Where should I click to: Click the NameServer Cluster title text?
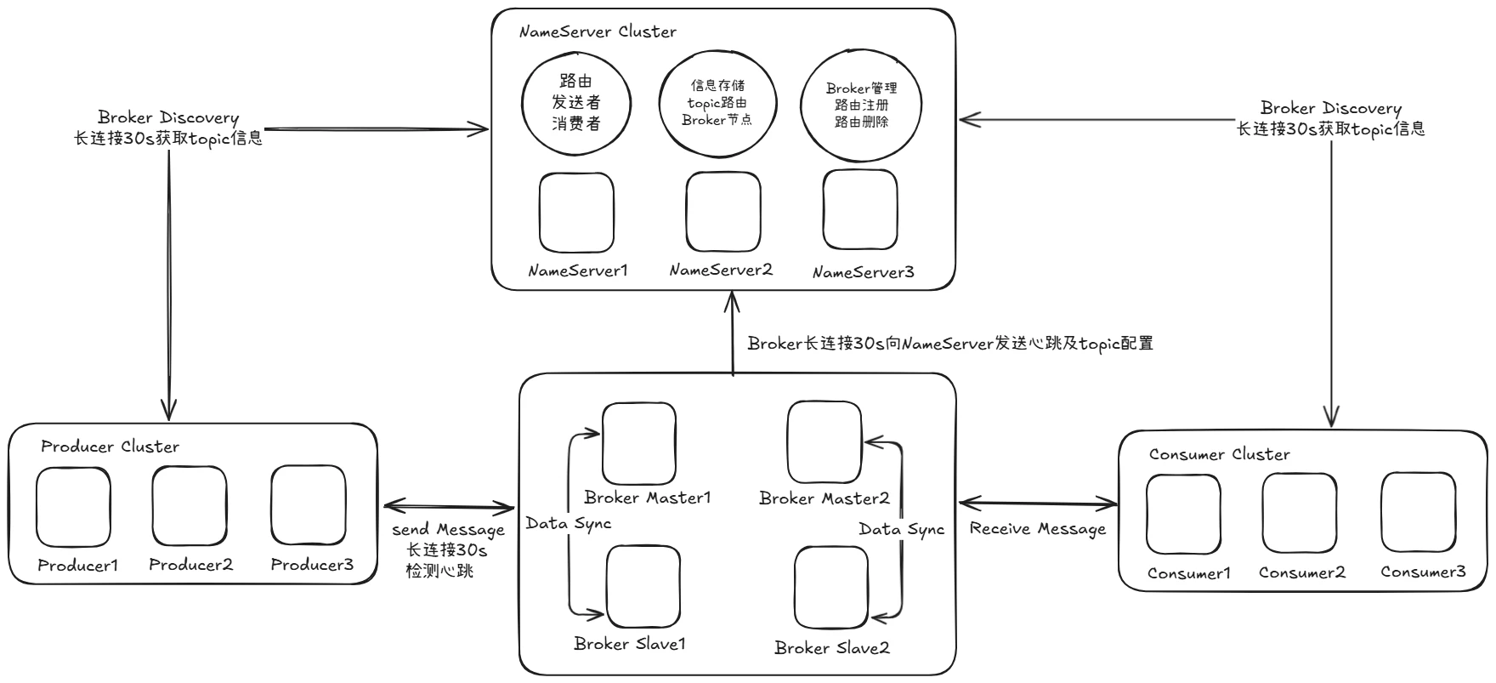point(598,32)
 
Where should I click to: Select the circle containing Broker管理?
point(861,105)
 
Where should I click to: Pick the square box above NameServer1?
point(576,213)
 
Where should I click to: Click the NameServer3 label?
point(863,273)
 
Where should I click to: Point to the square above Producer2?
point(190,506)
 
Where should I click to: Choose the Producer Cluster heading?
point(110,447)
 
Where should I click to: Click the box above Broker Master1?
point(639,443)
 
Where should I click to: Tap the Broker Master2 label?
point(824,498)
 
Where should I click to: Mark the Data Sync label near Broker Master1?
point(569,524)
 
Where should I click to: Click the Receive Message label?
point(1037,529)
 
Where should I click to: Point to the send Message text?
point(448,530)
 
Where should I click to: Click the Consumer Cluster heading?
point(1219,455)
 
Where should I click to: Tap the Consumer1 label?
point(1188,573)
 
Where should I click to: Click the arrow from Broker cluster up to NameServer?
point(732,332)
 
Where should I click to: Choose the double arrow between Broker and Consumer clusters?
point(1037,504)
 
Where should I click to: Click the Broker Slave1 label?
point(630,644)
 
